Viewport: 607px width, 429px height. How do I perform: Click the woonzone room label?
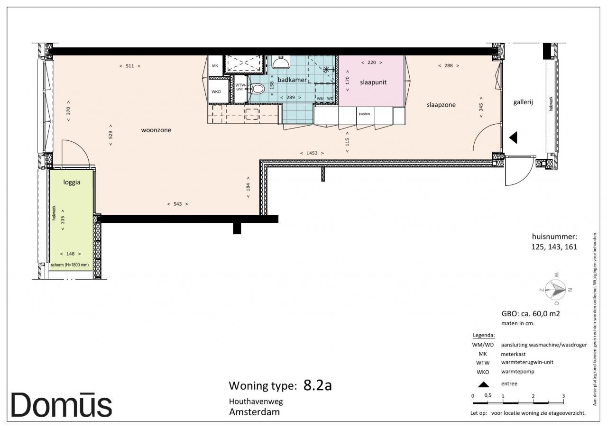point(156,130)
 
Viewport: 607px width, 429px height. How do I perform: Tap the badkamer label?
point(292,80)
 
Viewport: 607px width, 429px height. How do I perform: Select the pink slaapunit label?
point(373,82)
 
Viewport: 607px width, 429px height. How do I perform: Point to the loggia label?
point(72,183)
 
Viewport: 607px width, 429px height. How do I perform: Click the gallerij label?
point(523,102)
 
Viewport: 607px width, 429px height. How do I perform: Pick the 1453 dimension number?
point(312,153)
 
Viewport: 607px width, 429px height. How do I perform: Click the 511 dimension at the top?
point(130,66)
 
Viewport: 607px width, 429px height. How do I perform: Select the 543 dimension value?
point(178,204)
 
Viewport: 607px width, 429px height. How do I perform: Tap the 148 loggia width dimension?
point(71,254)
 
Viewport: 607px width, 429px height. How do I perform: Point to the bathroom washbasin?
point(281,62)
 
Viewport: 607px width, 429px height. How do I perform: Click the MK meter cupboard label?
point(215,66)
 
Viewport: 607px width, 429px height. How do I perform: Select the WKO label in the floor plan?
point(216,91)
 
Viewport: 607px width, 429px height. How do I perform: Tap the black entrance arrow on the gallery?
point(514,137)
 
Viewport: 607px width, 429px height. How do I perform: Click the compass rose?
point(555,290)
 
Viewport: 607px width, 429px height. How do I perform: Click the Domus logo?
point(61,405)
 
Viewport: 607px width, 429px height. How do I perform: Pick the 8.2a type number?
point(318,385)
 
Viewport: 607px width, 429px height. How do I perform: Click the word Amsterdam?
point(255,412)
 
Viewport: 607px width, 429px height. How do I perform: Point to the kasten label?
point(364,114)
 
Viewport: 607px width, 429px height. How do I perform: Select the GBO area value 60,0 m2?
point(546,314)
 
